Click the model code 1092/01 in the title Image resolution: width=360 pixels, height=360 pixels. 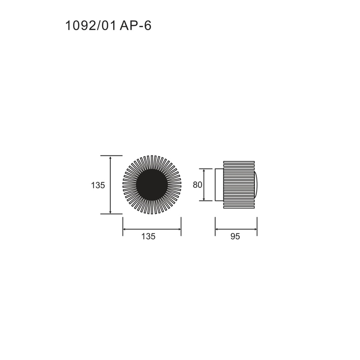pos(91,26)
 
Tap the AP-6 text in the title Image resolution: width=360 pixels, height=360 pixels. pos(135,26)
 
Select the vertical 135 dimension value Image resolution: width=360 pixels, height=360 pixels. pos(98,185)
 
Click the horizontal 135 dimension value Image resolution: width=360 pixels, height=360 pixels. pos(149,236)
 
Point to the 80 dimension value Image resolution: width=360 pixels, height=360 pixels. pos(197,185)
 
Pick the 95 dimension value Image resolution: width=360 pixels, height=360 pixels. pos(235,236)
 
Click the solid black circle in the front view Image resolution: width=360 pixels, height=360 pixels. pos(152,185)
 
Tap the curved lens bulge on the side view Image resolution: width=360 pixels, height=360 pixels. pos(256,185)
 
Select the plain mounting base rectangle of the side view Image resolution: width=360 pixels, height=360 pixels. pos(219,185)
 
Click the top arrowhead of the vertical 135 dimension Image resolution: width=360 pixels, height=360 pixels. pos(110,158)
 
